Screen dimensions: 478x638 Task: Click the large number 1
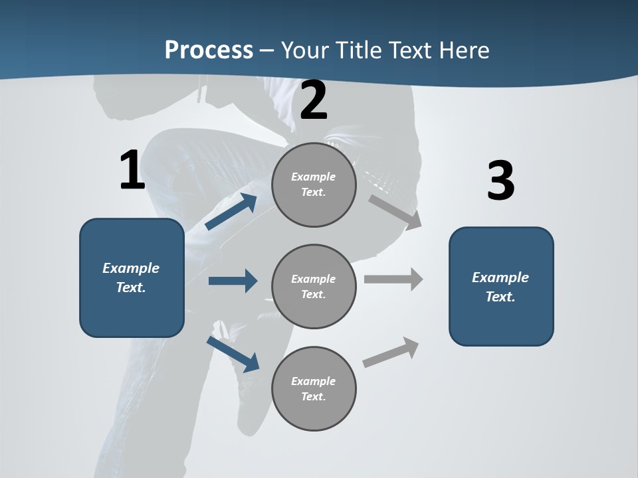[x=132, y=171]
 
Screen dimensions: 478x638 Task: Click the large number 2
[x=314, y=100]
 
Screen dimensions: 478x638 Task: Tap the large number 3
[x=500, y=181]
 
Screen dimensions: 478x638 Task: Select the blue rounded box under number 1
[x=132, y=278]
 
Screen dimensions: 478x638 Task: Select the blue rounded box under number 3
[x=501, y=287]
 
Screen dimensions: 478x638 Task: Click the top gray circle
[x=314, y=185]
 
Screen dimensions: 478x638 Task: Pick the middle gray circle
[x=314, y=286]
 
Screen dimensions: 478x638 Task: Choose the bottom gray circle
[x=314, y=388]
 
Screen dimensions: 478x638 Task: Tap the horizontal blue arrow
[x=233, y=281]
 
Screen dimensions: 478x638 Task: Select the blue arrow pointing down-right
[x=233, y=354]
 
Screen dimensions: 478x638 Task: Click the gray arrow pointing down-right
[x=395, y=212]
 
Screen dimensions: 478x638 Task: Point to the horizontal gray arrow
[x=393, y=279]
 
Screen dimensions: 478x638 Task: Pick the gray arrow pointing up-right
[x=391, y=352]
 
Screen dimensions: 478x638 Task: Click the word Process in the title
[x=209, y=50]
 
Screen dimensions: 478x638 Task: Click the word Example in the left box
[x=131, y=268]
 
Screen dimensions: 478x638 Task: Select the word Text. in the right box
[x=500, y=297]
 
